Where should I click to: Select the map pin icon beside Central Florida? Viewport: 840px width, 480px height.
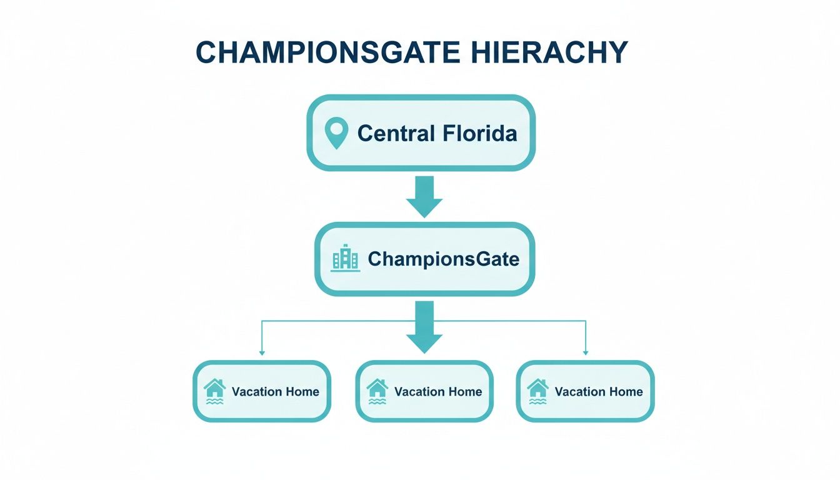336,133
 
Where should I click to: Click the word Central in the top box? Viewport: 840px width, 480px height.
396,133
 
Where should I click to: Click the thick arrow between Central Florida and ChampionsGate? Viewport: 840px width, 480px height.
424,196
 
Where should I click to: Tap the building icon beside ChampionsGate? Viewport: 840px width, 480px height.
346,258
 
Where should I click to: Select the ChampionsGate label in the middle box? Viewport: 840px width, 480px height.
443,259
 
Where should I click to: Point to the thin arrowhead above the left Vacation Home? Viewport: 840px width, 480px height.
262,352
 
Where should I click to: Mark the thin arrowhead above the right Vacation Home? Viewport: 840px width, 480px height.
586,352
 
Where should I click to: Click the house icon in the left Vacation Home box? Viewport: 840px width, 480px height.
214,391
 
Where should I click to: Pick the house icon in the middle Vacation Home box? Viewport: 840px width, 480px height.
377,391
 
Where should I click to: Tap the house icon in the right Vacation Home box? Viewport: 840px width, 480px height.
537,391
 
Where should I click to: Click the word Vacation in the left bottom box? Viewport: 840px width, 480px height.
257,392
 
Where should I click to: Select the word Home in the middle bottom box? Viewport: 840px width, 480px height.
464,392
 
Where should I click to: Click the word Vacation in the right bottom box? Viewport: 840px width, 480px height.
580,392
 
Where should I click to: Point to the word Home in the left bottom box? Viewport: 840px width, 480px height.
302,392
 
